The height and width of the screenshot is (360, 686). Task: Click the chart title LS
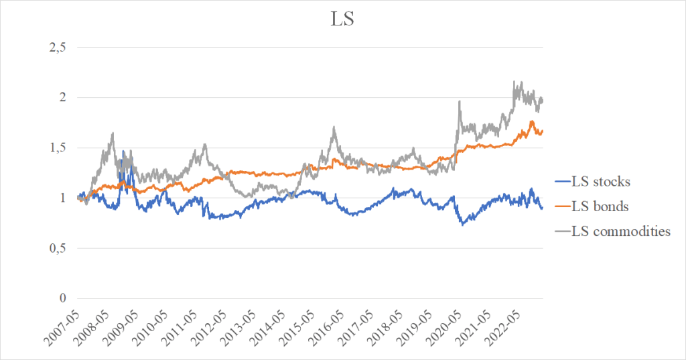342,19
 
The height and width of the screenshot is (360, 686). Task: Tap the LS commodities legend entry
620,231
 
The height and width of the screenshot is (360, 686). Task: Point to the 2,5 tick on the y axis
58,48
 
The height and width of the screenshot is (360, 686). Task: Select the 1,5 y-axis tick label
58,148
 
